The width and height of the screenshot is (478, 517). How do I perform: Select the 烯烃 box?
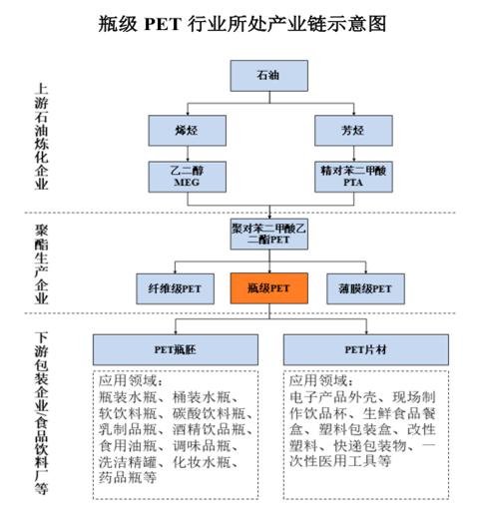click(x=179, y=129)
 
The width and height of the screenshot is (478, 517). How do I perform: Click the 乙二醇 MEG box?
click(x=179, y=177)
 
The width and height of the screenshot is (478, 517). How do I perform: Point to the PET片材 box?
click(x=359, y=349)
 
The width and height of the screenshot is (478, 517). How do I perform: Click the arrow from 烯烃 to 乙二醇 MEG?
click(x=179, y=152)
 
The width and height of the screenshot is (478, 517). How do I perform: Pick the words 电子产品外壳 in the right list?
click(x=320, y=396)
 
